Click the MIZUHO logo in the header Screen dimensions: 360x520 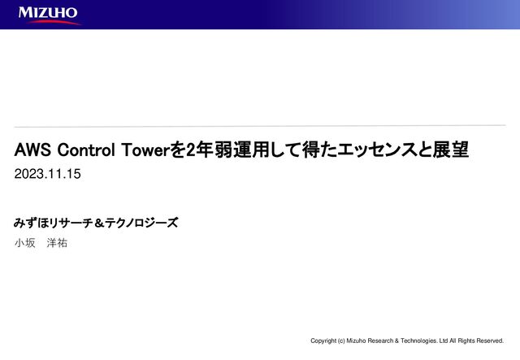(x=48, y=13)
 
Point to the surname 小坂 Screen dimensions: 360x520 (x=25, y=243)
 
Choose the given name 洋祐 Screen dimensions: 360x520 (x=57, y=243)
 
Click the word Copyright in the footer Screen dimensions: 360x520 (x=326, y=340)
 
